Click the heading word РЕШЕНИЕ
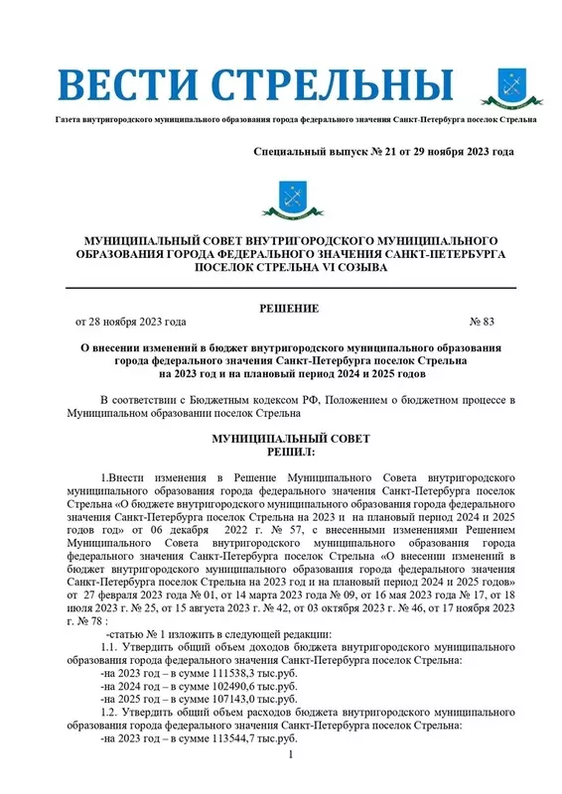[x=290, y=310]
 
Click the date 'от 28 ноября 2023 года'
[x=130, y=323]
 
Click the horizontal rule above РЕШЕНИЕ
[x=290, y=287]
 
